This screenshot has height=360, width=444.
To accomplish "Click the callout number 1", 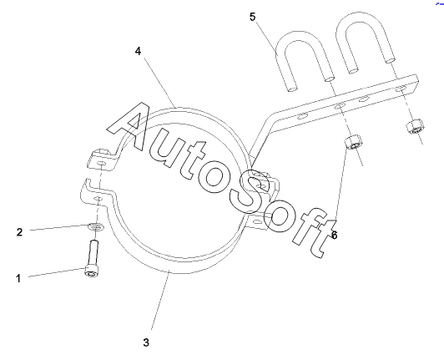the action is click(x=18, y=278).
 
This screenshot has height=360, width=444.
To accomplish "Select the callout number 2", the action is click(x=19, y=232).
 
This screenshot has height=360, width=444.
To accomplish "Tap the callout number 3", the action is click(x=146, y=342).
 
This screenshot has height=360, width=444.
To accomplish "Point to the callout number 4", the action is click(x=138, y=51).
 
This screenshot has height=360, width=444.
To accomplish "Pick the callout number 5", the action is click(x=252, y=17).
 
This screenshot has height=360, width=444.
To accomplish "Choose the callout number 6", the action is click(x=335, y=235).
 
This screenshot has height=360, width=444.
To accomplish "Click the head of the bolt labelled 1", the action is click(x=92, y=271).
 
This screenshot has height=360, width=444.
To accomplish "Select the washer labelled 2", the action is click(x=95, y=226).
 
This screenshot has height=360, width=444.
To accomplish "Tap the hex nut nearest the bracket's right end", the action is click(x=415, y=126).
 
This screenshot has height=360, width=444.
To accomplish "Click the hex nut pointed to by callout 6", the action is click(x=353, y=142).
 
